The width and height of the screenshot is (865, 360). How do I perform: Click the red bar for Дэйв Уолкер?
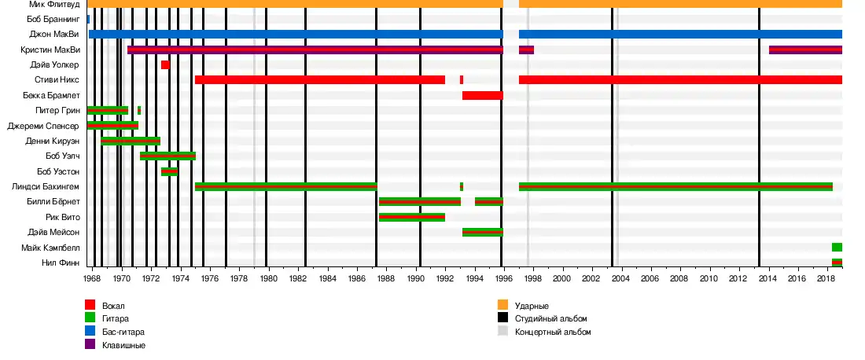point(165,64)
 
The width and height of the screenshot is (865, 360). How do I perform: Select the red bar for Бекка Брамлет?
point(482,95)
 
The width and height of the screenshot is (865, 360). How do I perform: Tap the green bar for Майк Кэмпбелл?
point(837,247)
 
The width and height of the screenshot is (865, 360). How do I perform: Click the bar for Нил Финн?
point(837,263)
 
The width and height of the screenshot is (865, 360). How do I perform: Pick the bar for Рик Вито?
point(411,217)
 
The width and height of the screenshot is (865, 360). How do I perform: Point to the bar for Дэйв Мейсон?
point(482,232)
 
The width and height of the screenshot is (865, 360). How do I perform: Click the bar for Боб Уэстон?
point(169,171)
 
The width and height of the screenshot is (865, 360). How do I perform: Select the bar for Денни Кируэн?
point(131,141)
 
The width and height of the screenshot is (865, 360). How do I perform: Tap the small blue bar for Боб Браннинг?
point(88,19)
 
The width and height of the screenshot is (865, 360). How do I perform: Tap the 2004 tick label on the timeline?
point(620,278)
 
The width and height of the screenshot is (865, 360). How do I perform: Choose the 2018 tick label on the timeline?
point(825,278)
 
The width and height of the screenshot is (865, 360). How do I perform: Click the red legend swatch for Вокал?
point(90,305)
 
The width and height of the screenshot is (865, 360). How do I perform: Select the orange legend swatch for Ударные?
point(502,305)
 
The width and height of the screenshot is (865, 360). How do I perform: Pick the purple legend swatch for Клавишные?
point(90,345)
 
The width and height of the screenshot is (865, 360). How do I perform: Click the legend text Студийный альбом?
point(550,318)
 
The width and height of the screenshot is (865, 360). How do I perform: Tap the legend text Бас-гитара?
point(123,332)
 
